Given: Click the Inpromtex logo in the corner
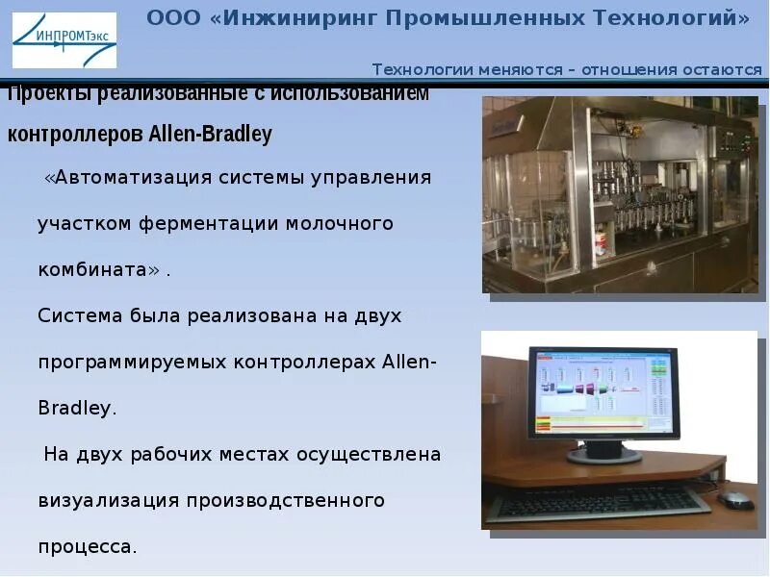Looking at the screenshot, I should [64, 40].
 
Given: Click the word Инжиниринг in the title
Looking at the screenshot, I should [293, 18].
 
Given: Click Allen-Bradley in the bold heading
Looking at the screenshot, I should [210, 135].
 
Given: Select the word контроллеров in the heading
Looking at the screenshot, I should [75, 135].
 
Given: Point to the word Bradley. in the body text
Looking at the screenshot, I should [77, 408].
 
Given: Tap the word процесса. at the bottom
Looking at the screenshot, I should [88, 546].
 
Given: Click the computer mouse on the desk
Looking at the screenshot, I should [735, 498].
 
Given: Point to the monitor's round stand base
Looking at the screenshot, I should [604, 454].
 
